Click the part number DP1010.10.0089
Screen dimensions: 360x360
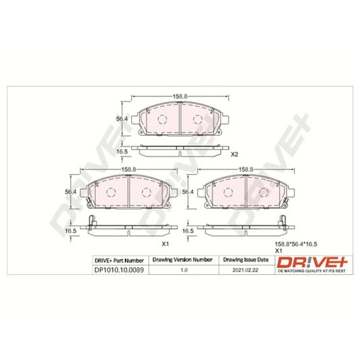tap(119, 270)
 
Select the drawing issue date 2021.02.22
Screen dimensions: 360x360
tap(245, 270)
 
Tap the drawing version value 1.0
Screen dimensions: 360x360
tap(184, 270)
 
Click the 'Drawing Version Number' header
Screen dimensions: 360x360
tap(183, 260)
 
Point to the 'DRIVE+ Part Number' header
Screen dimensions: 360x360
tap(119, 261)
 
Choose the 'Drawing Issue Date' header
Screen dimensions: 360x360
tap(246, 260)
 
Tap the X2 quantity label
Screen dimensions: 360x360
tap(234, 154)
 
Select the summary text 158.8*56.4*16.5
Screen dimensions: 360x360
tap(296, 244)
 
